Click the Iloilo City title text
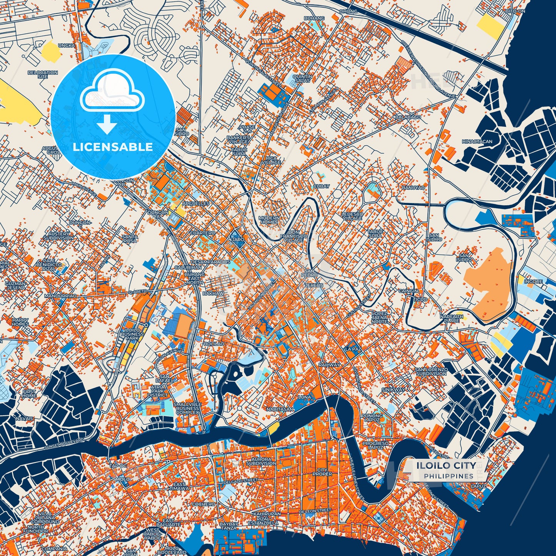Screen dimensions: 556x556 pyautogui.click(x=446, y=466)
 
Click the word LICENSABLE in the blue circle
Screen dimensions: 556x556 pyautogui.click(x=113, y=147)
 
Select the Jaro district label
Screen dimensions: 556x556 pyautogui.click(x=238, y=240)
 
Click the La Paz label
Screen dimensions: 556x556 pyautogui.click(x=353, y=349)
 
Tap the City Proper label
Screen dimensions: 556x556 pyautogui.click(x=322, y=472)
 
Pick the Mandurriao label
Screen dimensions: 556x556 pyautogui.click(x=60, y=296)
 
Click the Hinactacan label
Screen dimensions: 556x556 pyautogui.click(x=477, y=142)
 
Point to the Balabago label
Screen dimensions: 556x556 pyautogui.click(x=408, y=117)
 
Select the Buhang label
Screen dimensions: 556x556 pyautogui.click(x=312, y=18)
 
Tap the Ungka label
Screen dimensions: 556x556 pyautogui.click(x=67, y=45)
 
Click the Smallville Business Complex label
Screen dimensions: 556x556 pyautogui.click(x=188, y=408)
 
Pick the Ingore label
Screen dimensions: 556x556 pyautogui.click(x=533, y=282)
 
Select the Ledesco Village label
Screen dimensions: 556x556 pyautogui.click(x=352, y=216)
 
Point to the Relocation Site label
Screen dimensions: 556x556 pyautogui.click(x=43, y=74)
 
